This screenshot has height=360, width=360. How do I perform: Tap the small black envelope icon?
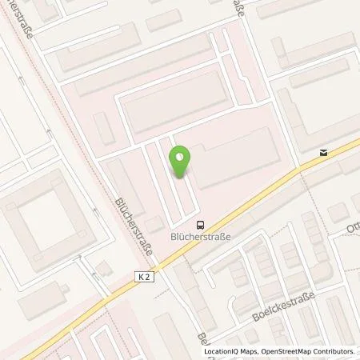(322, 152)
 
